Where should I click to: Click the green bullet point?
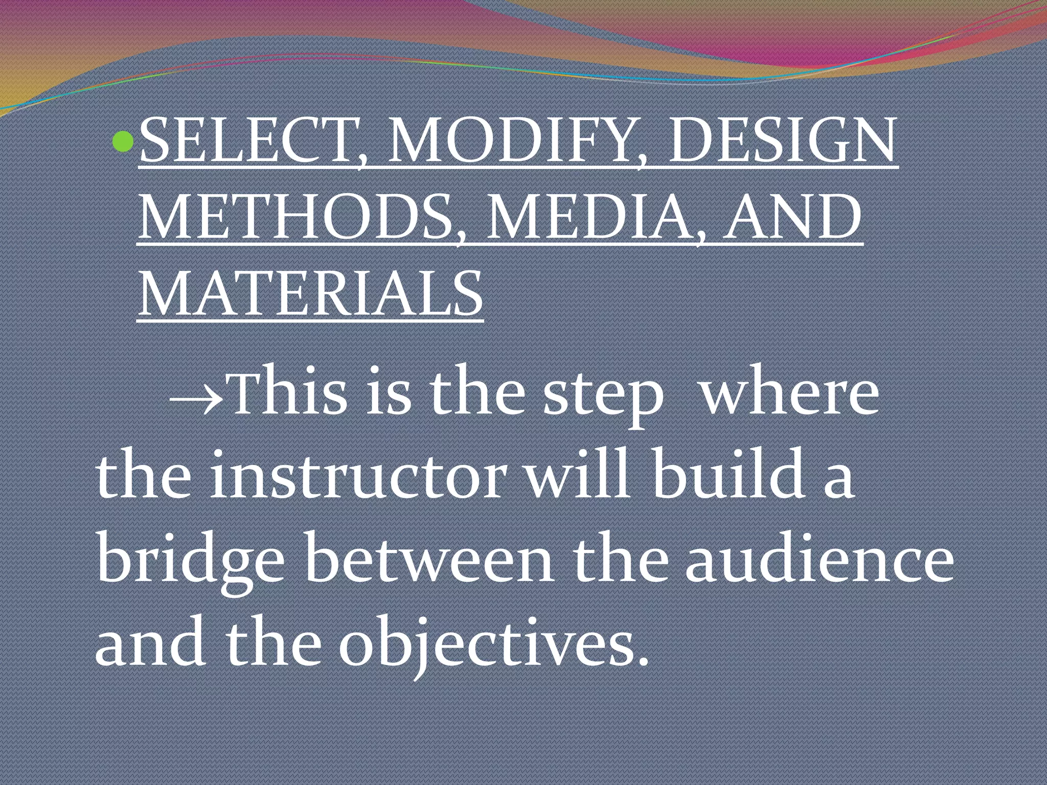[x=122, y=142]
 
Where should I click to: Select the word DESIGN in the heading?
[x=782, y=141]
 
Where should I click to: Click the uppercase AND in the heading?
[x=792, y=217]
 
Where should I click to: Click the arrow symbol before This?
[x=196, y=396]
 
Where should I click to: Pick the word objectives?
[x=488, y=644]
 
